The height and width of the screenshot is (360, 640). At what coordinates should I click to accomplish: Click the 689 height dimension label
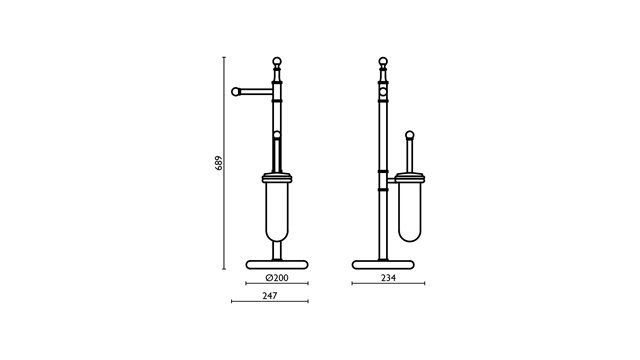[219, 163]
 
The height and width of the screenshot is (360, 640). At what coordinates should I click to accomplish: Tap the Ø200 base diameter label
[277, 278]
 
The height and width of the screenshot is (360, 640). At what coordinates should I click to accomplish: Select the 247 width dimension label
[270, 296]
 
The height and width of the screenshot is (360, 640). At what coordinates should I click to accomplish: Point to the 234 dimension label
[388, 278]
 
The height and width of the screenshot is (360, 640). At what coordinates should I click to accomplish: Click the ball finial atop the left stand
[277, 61]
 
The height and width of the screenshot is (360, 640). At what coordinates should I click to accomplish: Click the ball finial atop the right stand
[383, 61]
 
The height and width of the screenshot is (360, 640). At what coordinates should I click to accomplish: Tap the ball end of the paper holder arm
[236, 92]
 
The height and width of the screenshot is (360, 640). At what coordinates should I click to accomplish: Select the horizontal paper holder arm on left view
[256, 92]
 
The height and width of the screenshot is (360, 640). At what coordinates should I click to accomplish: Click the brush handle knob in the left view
[277, 135]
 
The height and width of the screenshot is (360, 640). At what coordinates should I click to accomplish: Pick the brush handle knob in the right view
[410, 135]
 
